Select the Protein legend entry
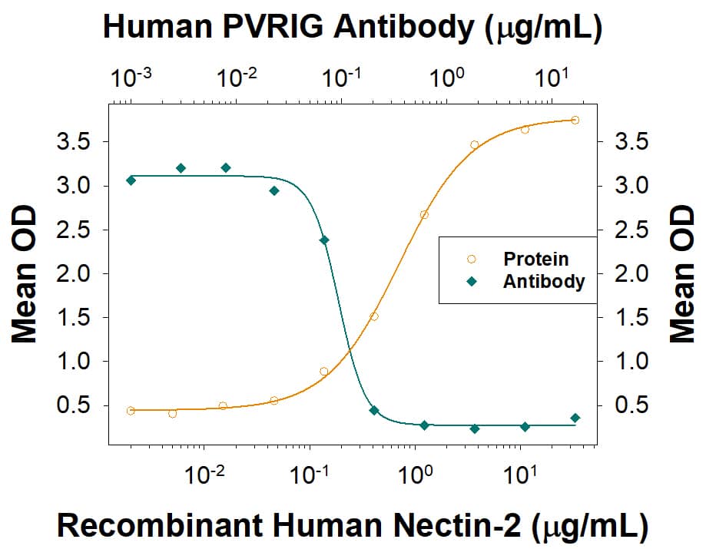pyautogui.click(x=535, y=259)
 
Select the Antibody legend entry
pyautogui.click(x=543, y=282)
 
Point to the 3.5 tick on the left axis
pyautogui.click(x=75, y=142)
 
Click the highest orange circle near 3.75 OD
pyautogui.click(x=575, y=120)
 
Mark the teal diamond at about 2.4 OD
pyautogui.click(x=324, y=240)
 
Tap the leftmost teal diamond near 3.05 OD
pyautogui.click(x=131, y=180)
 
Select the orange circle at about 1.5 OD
pyautogui.click(x=374, y=316)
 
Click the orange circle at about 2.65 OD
pyautogui.click(x=424, y=215)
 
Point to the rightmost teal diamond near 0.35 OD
pyautogui.click(x=575, y=418)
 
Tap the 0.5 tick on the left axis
pyautogui.click(x=75, y=405)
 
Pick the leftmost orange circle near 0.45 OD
pyautogui.click(x=131, y=411)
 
